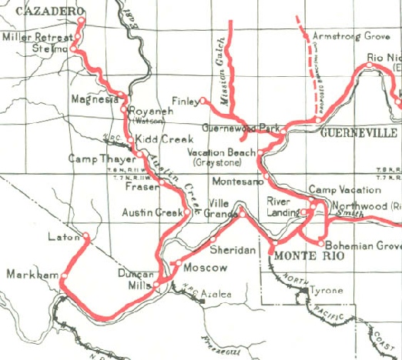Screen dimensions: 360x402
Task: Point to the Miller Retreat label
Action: (x=38, y=37)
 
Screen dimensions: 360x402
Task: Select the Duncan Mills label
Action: (x=136, y=278)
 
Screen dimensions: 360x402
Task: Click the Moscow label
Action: (x=206, y=268)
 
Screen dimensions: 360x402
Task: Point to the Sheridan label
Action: (x=233, y=251)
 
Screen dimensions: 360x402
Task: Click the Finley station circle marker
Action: (x=203, y=101)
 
